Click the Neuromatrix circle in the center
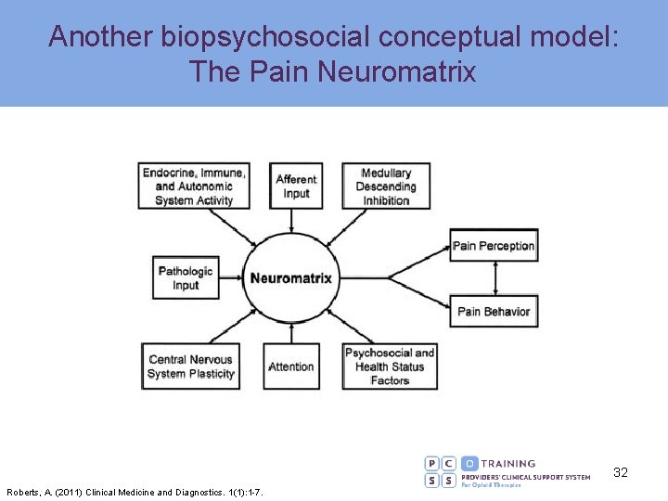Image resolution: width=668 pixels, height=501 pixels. [x=291, y=278]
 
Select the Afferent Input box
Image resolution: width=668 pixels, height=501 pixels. [x=296, y=186]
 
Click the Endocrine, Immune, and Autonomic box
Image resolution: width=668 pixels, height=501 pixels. [x=194, y=186]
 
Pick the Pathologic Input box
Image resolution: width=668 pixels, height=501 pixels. [x=186, y=278]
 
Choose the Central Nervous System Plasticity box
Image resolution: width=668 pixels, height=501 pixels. [x=190, y=366]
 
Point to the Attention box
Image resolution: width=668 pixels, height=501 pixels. [x=291, y=366]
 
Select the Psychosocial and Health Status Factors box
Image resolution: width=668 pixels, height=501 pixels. [x=390, y=366]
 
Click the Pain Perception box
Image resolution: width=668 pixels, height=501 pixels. [x=494, y=246]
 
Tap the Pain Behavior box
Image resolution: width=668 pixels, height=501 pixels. [x=494, y=312]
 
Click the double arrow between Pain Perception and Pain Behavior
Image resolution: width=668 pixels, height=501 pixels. [x=495, y=278]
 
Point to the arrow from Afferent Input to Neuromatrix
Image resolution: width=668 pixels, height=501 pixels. [x=292, y=221]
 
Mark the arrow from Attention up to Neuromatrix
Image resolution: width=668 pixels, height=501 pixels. [x=291, y=334]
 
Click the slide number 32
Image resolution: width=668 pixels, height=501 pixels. [x=621, y=472]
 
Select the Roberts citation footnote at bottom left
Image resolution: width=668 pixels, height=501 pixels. [x=135, y=493]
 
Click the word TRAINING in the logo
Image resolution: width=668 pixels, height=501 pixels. [x=508, y=463]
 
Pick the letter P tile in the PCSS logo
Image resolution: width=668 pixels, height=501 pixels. [x=432, y=463]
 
